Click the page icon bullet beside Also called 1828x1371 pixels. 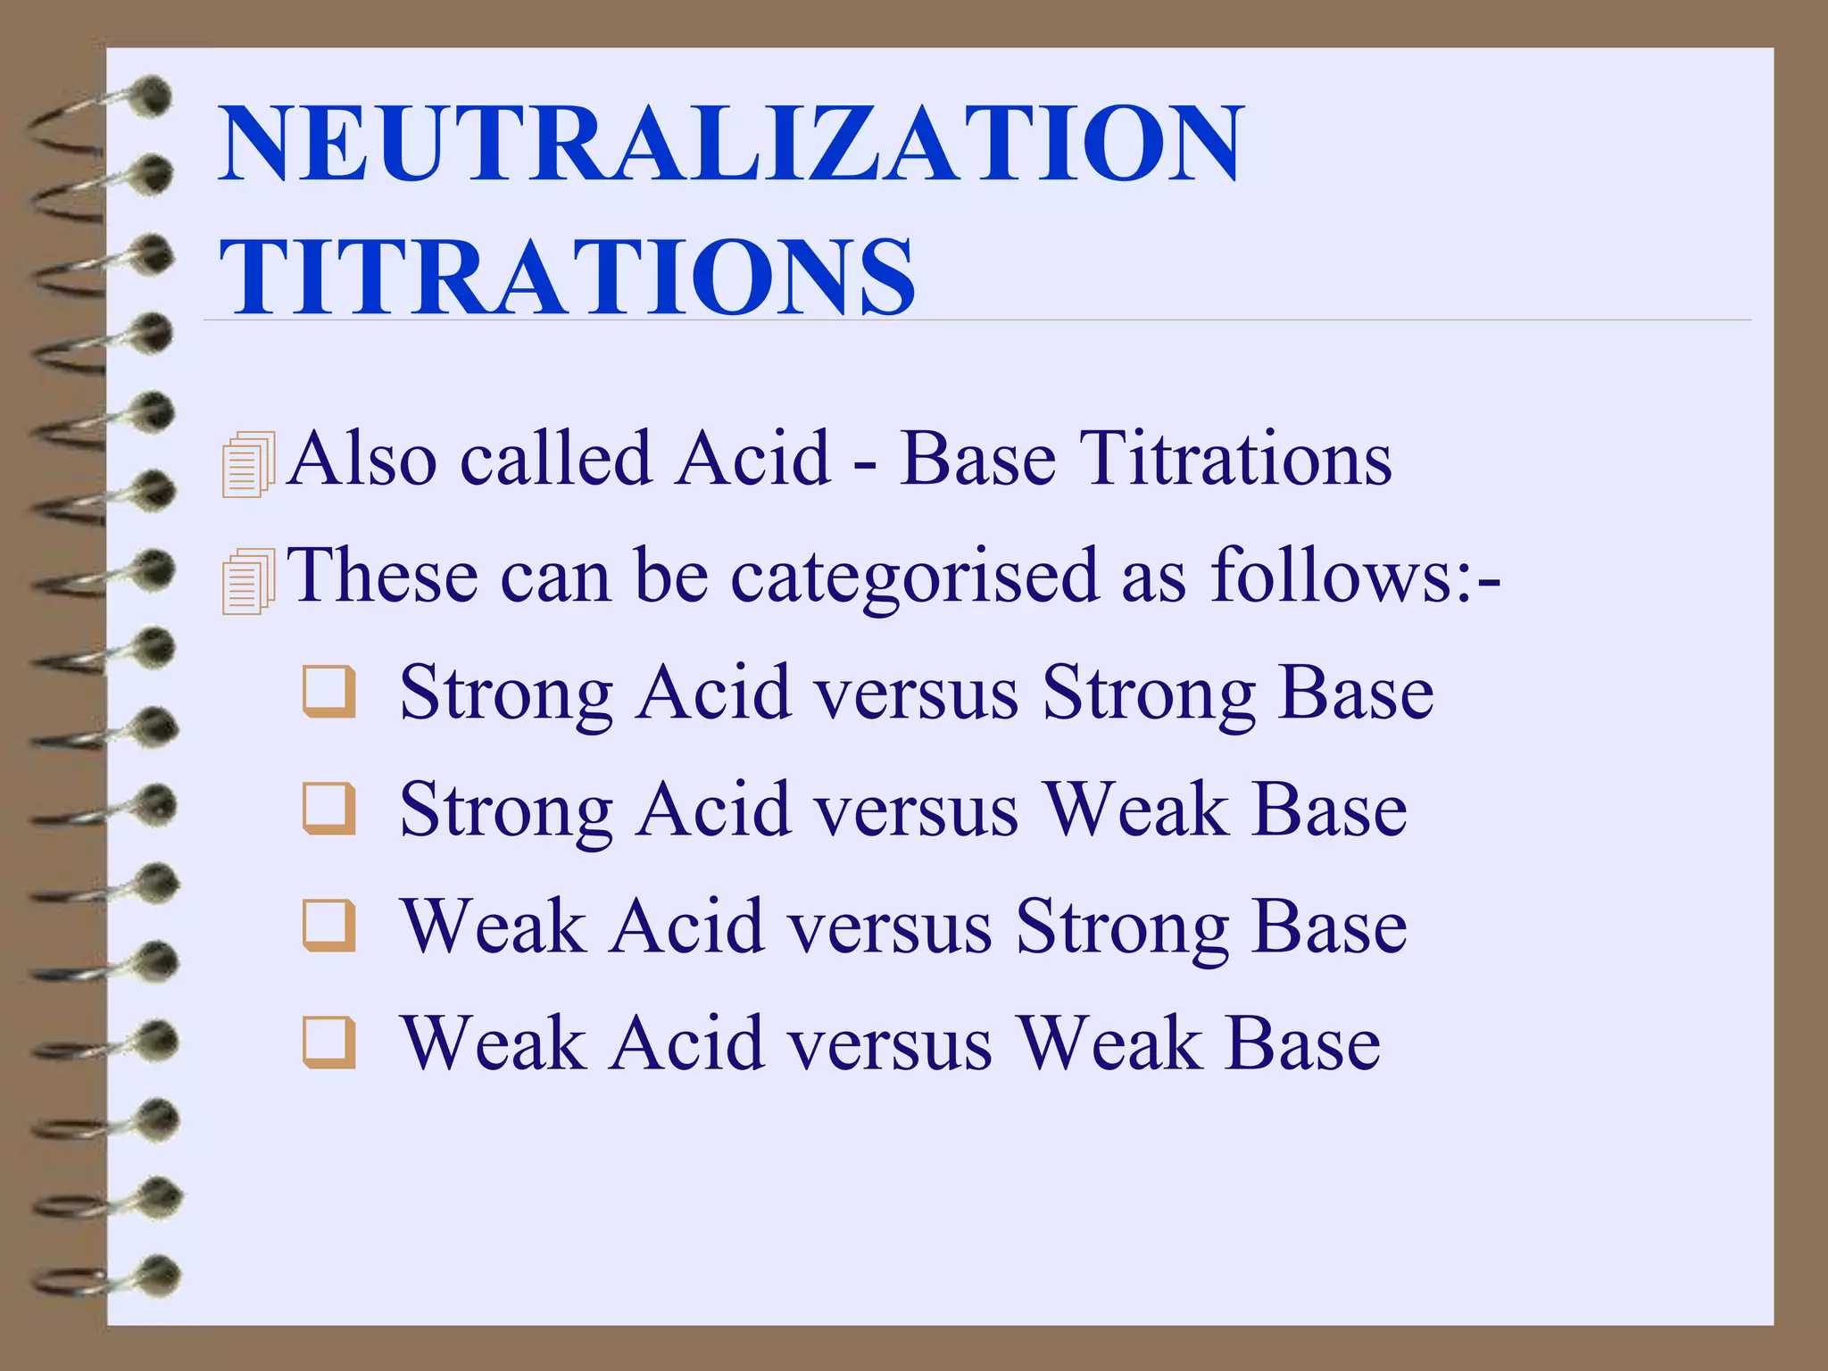(x=248, y=464)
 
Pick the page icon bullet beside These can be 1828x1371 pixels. (x=248, y=581)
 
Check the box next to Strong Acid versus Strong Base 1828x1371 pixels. (x=329, y=692)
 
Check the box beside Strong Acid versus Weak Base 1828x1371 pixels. (x=329, y=809)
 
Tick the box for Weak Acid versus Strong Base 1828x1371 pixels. (x=329, y=926)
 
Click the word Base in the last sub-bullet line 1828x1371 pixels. (x=1302, y=1043)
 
